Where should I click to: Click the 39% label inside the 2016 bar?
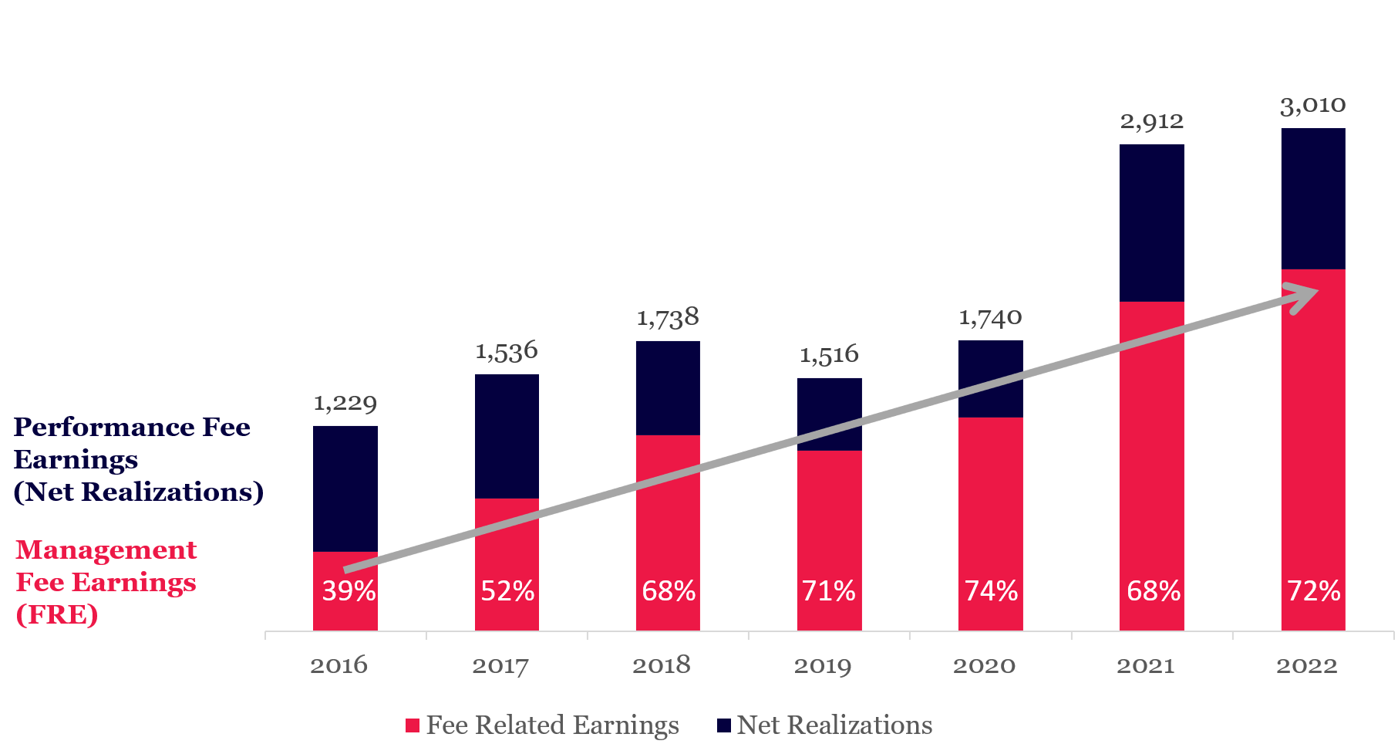click(x=349, y=591)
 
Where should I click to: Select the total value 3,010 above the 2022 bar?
click(x=1312, y=105)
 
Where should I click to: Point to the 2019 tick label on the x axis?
click(x=823, y=665)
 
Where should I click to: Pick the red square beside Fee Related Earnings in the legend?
click(x=413, y=725)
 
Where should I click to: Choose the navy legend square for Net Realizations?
click(x=724, y=725)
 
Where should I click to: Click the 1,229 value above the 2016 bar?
click(x=345, y=403)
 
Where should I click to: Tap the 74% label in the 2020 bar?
click(x=991, y=591)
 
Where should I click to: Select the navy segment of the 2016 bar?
click(x=345, y=488)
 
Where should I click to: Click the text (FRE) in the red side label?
click(x=57, y=615)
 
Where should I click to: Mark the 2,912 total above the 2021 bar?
click(x=1151, y=121)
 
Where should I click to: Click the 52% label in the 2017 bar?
click(x=507, y=591)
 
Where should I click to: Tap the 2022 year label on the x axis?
click(x=1306, y=665)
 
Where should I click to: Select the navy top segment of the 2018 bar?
click(x=668, y=387)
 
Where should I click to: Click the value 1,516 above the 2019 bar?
click(x=829, y=355)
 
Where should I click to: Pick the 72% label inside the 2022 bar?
click(x=1313, y=591)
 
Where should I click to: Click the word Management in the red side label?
click(x=106, y=550)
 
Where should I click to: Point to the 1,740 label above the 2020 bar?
click(x=990, y=317)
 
